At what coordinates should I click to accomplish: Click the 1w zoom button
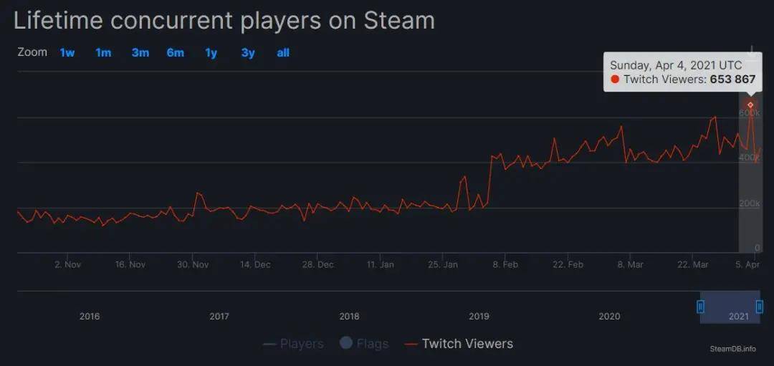[67, 52]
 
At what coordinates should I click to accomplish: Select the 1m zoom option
[103, 52]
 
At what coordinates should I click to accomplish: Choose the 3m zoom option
[140, 52]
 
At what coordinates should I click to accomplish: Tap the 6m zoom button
[176, 52]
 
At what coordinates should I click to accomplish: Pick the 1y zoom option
[211, 52]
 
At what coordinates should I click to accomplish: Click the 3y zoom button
[248, 52]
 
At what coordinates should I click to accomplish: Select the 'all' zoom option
[283, 52]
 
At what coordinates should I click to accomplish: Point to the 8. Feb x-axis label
[505, 264]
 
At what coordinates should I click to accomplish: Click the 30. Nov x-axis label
[192, 264]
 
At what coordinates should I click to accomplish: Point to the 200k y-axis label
[750, 203]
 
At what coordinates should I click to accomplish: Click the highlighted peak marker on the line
[750, 105]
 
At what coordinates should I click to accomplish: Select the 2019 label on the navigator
[479, 316]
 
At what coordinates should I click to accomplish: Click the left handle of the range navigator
[701, 307]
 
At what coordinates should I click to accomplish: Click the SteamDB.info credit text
[732, 349]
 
